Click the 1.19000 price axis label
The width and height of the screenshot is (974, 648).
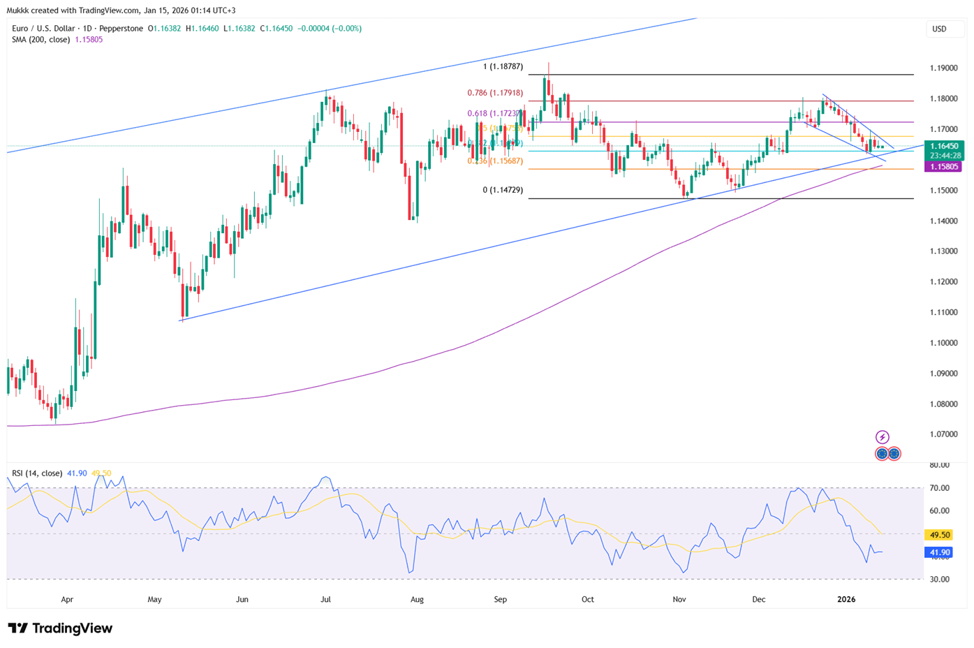point(943,68)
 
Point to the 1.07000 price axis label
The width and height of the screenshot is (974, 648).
point(943,434)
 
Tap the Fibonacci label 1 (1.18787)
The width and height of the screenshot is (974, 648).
point(503,67)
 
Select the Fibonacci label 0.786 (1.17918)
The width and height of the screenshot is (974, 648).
point(495,93)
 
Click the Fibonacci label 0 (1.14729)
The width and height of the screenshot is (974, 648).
point(503,190)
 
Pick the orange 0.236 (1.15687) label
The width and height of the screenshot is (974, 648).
point(495,161)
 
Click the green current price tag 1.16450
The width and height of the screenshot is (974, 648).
point(943,147)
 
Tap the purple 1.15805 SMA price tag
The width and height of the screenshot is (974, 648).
point(943,167)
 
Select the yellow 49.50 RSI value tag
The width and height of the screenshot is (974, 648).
point(938,535)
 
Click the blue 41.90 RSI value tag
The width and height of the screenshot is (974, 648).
point(938,552)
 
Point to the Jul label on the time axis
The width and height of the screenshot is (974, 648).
point(325,599)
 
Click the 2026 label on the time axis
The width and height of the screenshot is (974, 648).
point(846,599)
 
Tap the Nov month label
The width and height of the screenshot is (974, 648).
point(679,599)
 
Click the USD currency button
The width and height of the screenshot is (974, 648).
point(940,29)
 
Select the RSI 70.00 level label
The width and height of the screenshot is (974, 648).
point(940,488)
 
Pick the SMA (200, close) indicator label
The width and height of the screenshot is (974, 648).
point(40,40)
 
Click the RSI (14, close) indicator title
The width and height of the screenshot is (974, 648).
point(37,473)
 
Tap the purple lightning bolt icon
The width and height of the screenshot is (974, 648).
point(883,437)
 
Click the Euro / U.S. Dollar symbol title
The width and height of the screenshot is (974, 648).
point(52,29)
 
